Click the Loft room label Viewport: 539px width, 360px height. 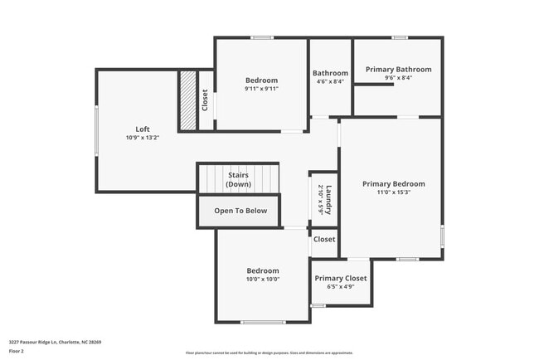(x=143, y=129)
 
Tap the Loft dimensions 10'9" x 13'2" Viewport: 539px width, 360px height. (x=143, y=138)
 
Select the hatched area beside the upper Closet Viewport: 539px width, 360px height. (x=188, y=100)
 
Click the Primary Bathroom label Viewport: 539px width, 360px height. (x=398, y=70)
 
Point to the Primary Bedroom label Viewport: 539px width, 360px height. (x=394, y=183)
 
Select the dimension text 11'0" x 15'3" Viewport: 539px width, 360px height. (x=394, y=192)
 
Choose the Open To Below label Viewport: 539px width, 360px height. (x=240, y=211)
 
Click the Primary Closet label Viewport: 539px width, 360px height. (x=340, y=278)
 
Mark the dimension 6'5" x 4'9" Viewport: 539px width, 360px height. (x=340, y=287)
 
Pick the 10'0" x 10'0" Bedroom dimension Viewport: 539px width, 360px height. (x=262, y=280)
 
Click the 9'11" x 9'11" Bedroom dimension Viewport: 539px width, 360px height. (x=261, y=89)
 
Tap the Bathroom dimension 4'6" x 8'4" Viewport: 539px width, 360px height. (x=330, y=81)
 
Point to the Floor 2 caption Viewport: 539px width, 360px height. (x=17, y=351)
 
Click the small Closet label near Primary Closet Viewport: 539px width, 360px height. (x=324, y=240)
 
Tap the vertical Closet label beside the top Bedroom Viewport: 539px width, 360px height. (x=205, y=100)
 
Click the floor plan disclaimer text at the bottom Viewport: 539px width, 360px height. (x=269, y=353)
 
